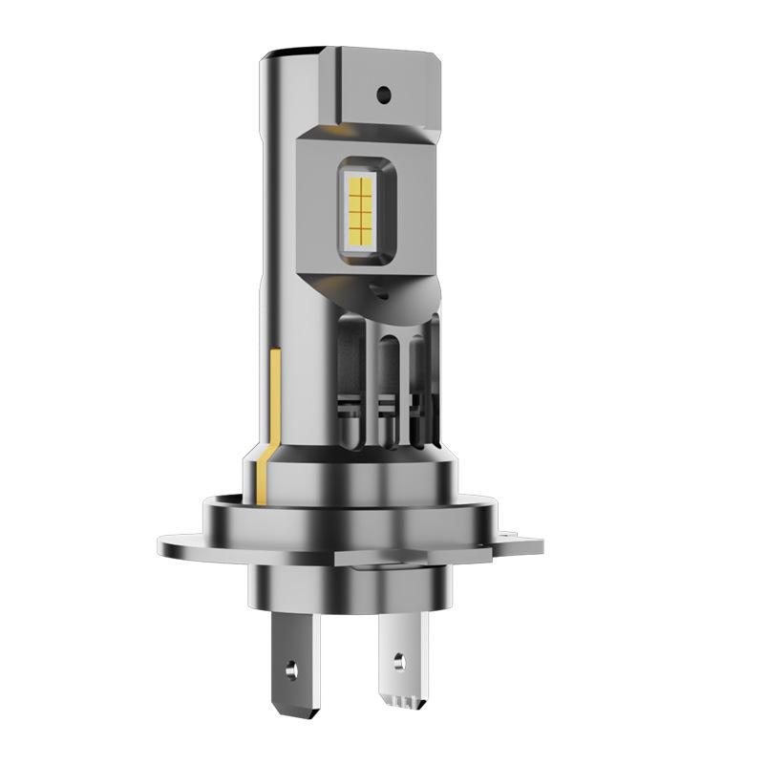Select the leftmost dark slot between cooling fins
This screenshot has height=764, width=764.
pyautogui.click(x=353, y=382)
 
